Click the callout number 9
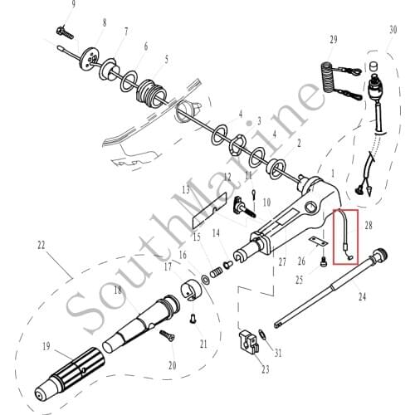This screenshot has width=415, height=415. [73, 5]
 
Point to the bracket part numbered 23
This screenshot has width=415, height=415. [248, 342]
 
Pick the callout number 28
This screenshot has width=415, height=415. [369, 224]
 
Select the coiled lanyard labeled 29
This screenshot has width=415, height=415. [330, 76]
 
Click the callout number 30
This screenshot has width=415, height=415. [392, 30]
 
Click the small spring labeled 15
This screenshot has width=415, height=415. [220, 267]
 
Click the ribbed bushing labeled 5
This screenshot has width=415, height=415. [153, 88]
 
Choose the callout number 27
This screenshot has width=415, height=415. [283, 261]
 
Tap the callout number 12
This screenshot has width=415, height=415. [227, 177]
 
